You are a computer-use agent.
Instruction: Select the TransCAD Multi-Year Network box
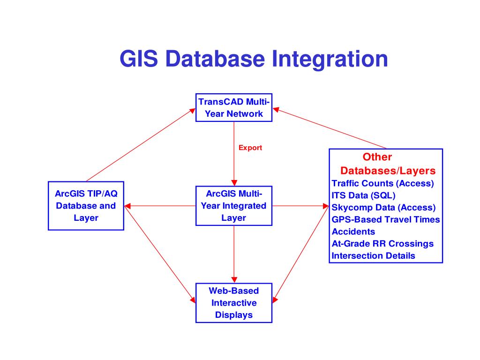(x=233, y=108)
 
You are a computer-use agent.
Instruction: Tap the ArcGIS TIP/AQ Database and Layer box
(x=86, y=206)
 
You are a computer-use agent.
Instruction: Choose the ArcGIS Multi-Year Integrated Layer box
(x=233, y=206)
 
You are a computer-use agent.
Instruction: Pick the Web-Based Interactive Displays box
(x=233, y=303)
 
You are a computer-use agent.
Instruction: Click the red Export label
(x=250, y=148)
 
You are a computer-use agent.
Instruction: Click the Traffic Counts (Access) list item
(x=382, y=183)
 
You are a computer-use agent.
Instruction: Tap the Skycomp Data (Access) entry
(x=383, y=208)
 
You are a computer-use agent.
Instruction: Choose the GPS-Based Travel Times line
(x=386, y=219)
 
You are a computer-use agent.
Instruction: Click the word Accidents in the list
(x=353, y=232)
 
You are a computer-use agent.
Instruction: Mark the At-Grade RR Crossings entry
(x=382, y=244)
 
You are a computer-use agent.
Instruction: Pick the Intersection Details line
(x=373, y=256)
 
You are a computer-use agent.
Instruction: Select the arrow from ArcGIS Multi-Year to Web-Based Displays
(x=234, y=253)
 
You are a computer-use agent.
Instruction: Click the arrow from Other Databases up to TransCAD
(x=330, y=128)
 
